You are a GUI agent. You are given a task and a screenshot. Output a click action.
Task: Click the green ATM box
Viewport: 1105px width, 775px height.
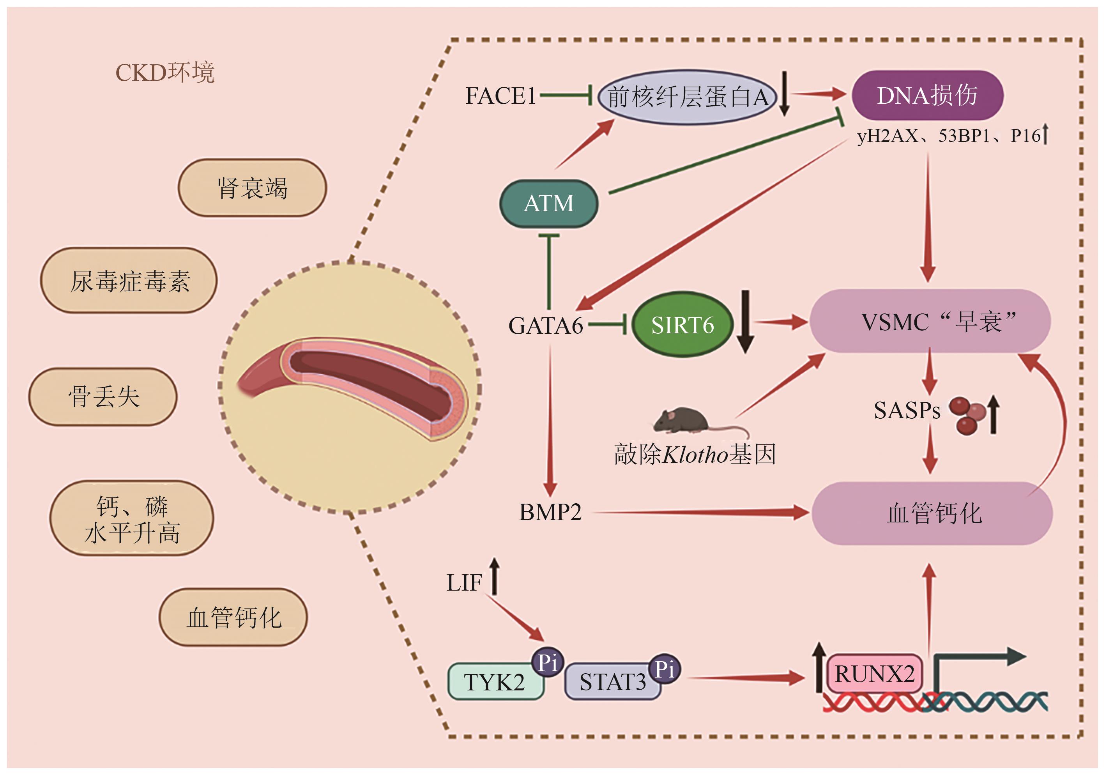(549, 203)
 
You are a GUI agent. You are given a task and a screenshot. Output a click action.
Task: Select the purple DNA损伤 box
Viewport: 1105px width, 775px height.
(927, 95)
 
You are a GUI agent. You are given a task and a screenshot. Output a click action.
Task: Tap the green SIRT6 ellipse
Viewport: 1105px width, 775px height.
(682, 325)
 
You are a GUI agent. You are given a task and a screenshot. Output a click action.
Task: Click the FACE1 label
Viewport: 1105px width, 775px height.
(500, 96)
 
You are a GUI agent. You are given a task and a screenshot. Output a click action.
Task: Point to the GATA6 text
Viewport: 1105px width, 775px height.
(546, 326)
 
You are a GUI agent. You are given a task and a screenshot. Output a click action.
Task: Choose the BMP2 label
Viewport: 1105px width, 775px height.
(550, 512)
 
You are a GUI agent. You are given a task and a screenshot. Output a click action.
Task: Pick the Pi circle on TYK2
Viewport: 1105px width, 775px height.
(548, 663)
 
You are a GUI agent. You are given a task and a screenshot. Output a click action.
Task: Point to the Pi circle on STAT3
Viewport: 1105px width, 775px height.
(665, 669)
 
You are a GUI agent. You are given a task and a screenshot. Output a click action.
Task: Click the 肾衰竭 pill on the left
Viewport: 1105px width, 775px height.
(252, 188)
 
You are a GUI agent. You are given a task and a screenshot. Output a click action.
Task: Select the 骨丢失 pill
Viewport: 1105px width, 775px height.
(103, 396)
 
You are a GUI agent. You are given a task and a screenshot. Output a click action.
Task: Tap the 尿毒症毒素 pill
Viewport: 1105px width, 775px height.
(129, 281)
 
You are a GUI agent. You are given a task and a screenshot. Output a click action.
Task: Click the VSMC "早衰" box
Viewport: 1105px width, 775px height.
(930, 321)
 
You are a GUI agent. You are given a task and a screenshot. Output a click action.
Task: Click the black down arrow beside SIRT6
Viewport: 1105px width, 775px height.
(745, 322)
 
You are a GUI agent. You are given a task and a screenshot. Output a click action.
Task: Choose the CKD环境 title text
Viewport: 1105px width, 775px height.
(165, 73)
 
